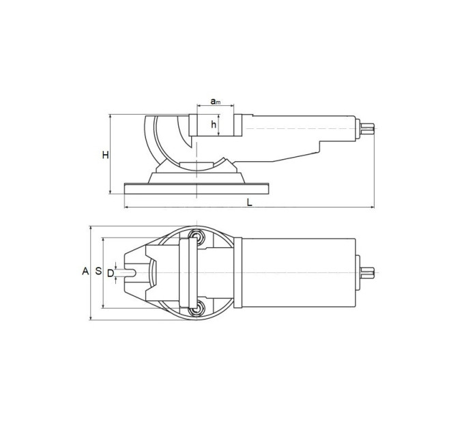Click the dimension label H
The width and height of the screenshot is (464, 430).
(x=105, y=155)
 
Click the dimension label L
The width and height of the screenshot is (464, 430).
(x=250, y=202)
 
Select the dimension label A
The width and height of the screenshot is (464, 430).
(x=85, y=271)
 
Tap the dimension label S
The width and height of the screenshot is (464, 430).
(x=98, y=271)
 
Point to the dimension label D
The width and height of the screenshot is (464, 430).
(x=111, y=273)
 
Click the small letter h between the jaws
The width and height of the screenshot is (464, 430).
(x=214, y=125)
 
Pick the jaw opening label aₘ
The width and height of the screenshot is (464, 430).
(x=216, y=101)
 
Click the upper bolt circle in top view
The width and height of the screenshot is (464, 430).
(x=196, y=236)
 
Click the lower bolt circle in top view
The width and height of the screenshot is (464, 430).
(x=196, y=310)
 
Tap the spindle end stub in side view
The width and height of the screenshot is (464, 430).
(x=367, y=128)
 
